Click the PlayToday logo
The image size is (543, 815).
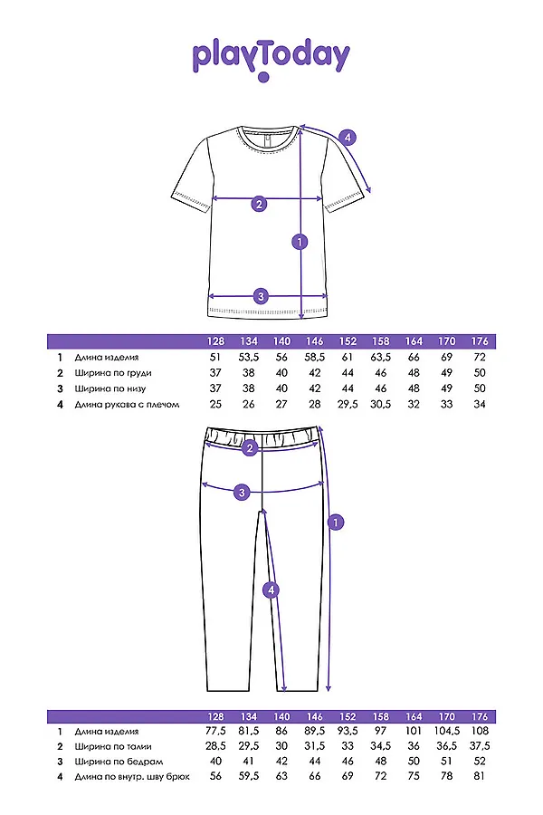271,59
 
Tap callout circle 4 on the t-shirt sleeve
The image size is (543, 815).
348,138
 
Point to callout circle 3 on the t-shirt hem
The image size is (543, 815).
261,295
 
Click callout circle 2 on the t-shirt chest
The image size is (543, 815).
259,204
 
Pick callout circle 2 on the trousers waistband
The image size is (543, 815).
251,446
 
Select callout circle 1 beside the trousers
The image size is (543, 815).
336,523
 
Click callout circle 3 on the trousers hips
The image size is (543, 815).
242,493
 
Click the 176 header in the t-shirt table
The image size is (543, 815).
480,341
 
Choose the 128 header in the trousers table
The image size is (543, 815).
215,715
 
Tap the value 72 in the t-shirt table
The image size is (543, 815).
480,358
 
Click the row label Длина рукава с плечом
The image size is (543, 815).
128,404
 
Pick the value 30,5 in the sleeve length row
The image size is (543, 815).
381,404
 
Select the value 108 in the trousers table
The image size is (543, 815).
480,731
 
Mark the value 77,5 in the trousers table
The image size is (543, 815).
215,731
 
